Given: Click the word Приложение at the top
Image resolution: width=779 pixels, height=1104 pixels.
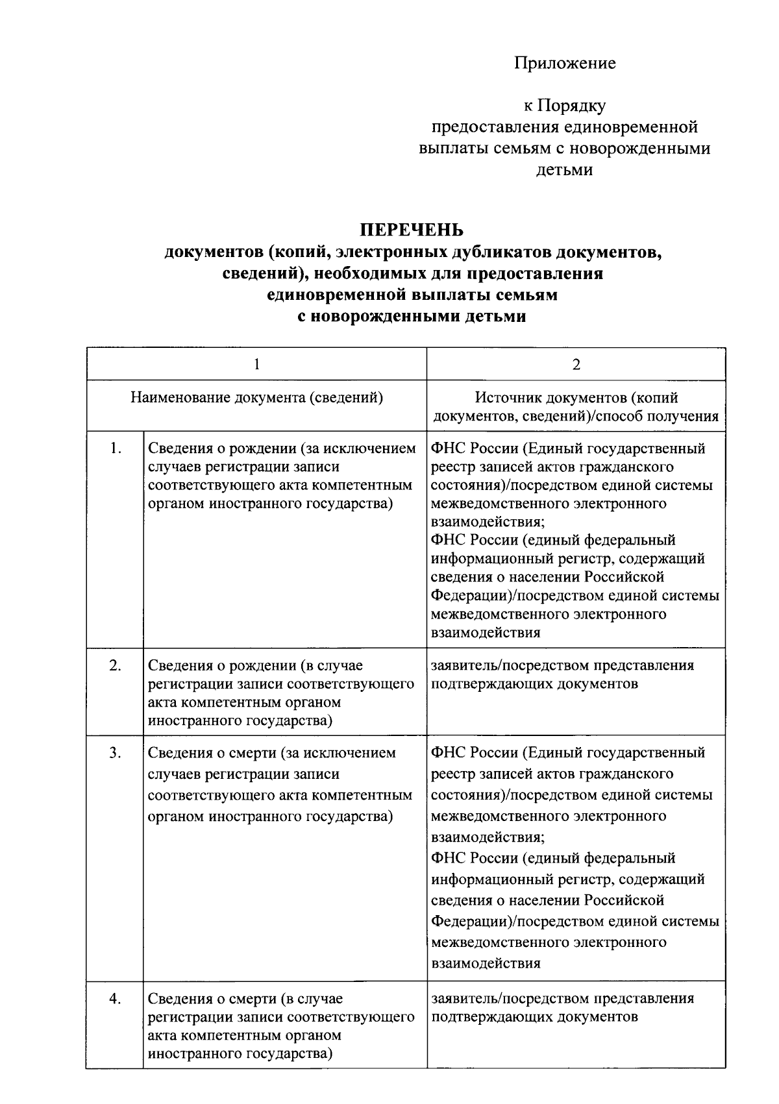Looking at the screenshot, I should [565, 64].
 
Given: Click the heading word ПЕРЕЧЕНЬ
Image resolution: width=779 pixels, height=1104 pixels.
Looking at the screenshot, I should [412, 230].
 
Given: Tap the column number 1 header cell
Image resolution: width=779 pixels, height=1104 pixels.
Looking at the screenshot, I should [256, 365].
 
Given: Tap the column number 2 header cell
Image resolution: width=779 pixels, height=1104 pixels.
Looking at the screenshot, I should [576, 365].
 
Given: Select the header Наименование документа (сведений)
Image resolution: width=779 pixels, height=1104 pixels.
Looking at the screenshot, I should [256, 398].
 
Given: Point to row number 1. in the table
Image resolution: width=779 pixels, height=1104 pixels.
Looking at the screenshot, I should [116, 448].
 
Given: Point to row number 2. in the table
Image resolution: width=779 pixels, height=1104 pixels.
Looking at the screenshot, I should [116, 665].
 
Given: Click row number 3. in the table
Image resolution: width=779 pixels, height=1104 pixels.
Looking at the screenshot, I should [116, 753].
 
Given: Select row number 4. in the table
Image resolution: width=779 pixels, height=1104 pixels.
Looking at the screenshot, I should [116, 999].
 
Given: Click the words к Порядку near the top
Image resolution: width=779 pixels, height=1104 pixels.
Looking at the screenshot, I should [565, 106].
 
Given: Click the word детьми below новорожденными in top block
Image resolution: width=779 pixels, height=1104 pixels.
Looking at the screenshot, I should [564, 170].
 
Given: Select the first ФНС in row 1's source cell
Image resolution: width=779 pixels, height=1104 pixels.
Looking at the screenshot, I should [448, 448].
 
